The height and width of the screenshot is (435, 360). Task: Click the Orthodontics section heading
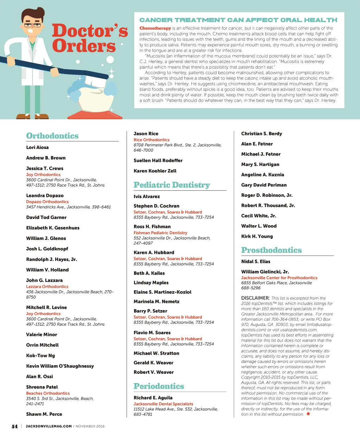tap(52, 136)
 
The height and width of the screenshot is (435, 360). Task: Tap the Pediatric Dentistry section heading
tap(172, 185)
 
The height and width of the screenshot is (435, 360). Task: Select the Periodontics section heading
tap(159, 386)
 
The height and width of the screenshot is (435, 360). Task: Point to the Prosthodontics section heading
tap(271, 250)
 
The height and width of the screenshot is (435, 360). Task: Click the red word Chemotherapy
tap(155, 28)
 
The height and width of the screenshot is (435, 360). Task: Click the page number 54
tap(14, 426)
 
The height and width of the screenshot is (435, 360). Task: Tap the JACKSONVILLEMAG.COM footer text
tap(49, 426)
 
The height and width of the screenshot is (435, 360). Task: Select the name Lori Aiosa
tap(37, 147)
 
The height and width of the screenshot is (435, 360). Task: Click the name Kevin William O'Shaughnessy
tap(60, 366)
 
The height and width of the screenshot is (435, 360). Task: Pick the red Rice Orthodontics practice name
tap(151, 140)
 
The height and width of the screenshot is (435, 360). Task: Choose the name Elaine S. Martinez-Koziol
tap(162, 292)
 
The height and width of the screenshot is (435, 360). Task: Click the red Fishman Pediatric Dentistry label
tap(160, 233)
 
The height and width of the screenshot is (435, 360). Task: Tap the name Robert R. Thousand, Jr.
tap(268, 205)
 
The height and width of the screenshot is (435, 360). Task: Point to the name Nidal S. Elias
tap(256, 261)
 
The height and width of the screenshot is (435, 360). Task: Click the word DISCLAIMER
tap(255, 298)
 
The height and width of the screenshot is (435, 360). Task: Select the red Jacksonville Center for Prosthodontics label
tap(279, 277)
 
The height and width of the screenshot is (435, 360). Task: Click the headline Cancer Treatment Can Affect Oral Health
tap(238, 20)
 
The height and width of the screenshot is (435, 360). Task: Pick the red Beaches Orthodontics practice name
tap(48, 393)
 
